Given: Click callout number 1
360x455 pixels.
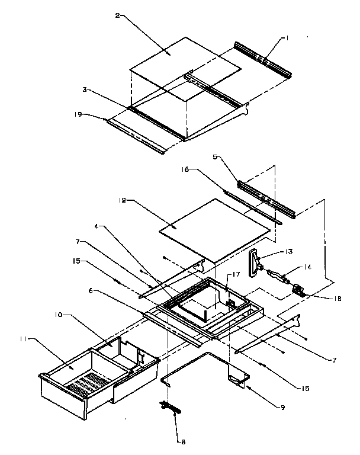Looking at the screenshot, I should (287, 39).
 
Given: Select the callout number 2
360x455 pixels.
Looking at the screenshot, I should (118, 16).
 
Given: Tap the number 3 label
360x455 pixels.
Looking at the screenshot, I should (85, 89).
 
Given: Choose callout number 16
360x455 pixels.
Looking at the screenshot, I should (185, 169).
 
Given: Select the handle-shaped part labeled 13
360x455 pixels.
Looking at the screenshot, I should (255, 262).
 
